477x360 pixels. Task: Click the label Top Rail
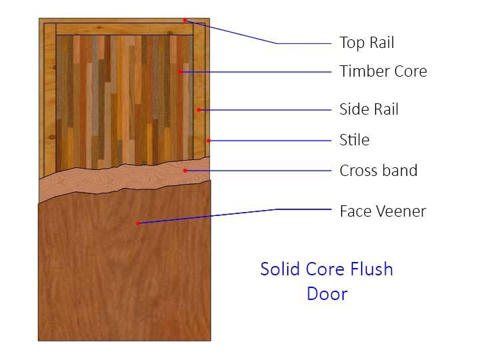[366, 42]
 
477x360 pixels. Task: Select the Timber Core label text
[383, 71]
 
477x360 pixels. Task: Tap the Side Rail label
[368, 109]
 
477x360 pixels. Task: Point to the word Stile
[354, 140]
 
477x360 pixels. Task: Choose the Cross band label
[378, 171]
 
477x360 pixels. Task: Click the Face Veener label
[383, 211]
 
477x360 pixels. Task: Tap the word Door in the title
[327, 293]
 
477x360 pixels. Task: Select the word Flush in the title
[372, 269]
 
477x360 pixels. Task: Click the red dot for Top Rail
[185, 21]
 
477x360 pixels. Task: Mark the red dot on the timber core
[180, 72]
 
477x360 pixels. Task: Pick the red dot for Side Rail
[199, 110]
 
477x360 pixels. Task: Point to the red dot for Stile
[209, 141]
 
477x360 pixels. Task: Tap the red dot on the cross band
[185, 171]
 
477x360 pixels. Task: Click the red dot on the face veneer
[137, 223]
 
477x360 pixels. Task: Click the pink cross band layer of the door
[122, 179]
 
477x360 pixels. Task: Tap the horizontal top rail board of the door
[125, 29]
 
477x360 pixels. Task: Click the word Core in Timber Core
[410, 71]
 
